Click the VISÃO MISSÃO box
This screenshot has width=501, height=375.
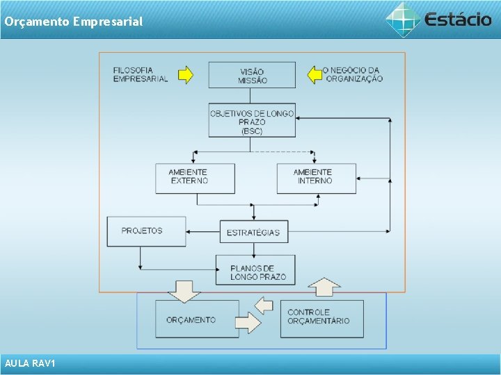(252, 75)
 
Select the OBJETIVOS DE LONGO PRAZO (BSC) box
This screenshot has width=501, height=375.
(252, 121)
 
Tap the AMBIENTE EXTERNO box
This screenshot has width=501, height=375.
(195, 178)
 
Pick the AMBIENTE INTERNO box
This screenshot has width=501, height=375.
(316, 178)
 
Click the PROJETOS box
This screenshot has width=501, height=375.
(146, 231)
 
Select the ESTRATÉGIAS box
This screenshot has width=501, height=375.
(253, 232)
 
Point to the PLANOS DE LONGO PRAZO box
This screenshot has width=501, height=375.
(255, 270)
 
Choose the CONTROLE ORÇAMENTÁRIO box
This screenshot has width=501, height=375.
(321, 318)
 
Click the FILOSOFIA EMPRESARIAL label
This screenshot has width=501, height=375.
(141, 74)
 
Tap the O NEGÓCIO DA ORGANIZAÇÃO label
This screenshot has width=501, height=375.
(353, 74)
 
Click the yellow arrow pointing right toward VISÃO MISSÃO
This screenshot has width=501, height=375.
(186, 74)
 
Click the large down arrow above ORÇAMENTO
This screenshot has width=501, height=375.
(184, 290)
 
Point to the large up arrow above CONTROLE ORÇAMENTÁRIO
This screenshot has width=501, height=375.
(324, 287)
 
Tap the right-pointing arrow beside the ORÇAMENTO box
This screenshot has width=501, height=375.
(248, 322)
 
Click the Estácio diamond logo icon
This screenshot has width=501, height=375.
(403, 19)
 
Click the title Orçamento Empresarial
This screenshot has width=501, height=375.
(73, 22)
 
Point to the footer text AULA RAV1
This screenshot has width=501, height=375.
(30, 364)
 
